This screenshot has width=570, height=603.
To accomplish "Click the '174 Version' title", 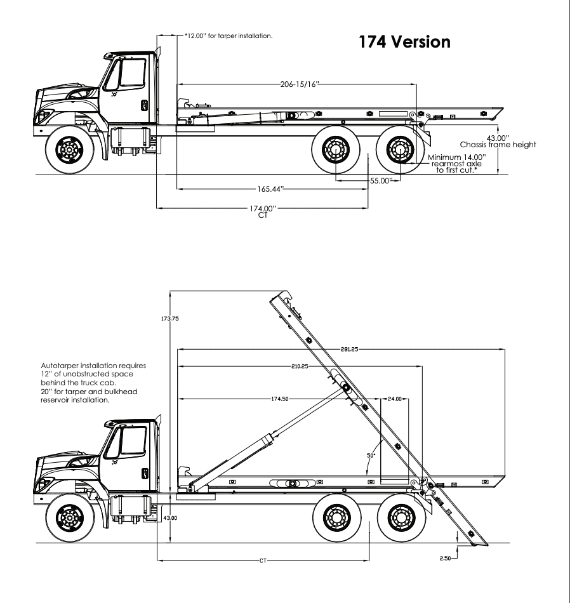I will click(404, 43).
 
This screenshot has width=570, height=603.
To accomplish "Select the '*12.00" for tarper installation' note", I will click(229, 36).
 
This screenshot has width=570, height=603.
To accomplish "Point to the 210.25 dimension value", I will click(300, 366).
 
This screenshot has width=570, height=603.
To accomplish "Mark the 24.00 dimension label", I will click(394, 399).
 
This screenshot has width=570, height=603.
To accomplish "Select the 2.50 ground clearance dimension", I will click(446, 559).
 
